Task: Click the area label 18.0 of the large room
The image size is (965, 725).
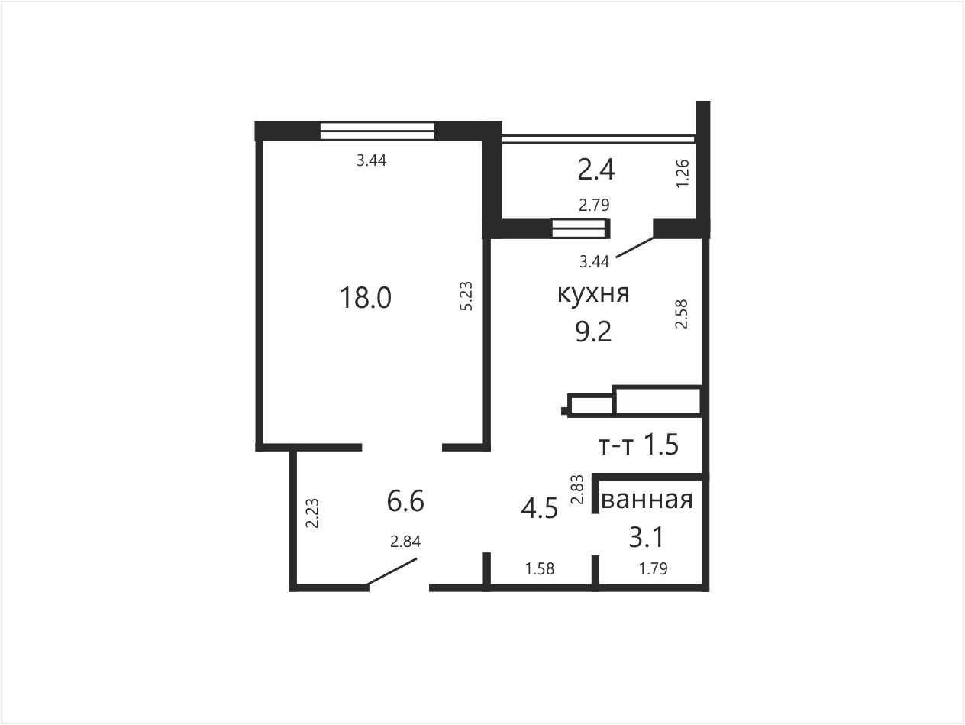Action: pyautogui.click(x=366, y=297)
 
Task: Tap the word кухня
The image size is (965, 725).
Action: pyautogui.click(x=593, y=293)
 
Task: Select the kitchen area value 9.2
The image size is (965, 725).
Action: pyautogui.click(x=593, y=332)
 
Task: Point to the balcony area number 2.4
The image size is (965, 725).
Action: pyautogui.click(x=595, y=170)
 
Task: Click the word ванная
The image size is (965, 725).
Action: pyautogui.click(x=647, y=500)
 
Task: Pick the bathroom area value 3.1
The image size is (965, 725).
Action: pyautogui.click(x=646, y=537)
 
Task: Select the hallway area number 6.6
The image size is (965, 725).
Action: pyautogui.click(x=405, y=501)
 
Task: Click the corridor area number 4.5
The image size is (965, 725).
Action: pyautogui.click(x=539, y=508)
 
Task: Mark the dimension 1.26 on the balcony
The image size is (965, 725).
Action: pyautogui.click(x=683, y=173)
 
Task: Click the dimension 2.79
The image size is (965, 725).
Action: pyautogui.click(x=594, y=205)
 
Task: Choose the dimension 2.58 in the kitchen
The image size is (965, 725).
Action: pyautogui.click(x=681, y=314)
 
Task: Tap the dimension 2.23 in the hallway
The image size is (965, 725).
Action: pyautogui.click(x=312, y=513)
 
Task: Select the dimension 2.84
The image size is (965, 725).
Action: pyautogui.click(x=405, y=542)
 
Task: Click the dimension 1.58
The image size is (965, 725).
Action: pyautogui.click(x=540, y=569)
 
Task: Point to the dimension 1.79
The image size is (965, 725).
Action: pyautogui.click(x=653, y=569)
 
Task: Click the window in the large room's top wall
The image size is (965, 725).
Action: pyautogui.click(x=377, y=131)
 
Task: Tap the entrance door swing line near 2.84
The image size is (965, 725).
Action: pyautogui.click(x=392, y=572)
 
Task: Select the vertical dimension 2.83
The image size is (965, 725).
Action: pyautogui.click(x=577, y=489)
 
